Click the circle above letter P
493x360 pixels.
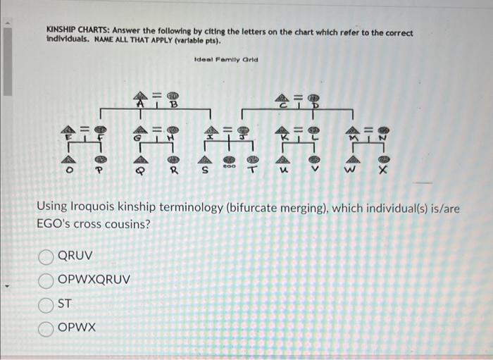click(x=100, y=157)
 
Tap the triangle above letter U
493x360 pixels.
click(x=283, y=157)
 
